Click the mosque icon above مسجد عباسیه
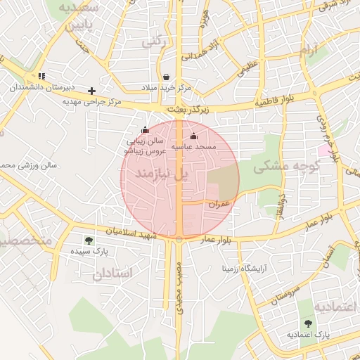[x=194, y=136]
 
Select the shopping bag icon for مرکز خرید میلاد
[x=165, y=77]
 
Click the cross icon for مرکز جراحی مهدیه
[x=91, y=91]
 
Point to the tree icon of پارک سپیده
[x=88, y=240]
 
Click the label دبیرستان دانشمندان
[x=41, y=88]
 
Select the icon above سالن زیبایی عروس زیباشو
[x=146, y=129]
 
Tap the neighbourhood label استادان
[x=112, y=273]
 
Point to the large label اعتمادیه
[x=335, y=307]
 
